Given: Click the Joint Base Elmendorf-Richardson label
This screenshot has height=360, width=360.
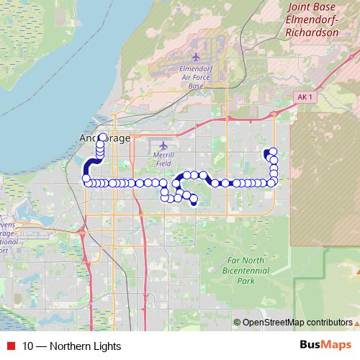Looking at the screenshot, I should [x=312, y=19].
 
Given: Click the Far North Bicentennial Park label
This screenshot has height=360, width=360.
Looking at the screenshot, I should [x=246, y=270].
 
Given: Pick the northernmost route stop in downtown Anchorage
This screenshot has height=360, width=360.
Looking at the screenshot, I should [x=102, y=137].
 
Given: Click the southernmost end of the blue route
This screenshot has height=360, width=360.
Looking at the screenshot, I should [x=193, y=202].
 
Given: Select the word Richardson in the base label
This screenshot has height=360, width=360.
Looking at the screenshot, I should [x=312, y=32].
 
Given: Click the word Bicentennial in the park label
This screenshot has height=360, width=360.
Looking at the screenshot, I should [x=246, y=270].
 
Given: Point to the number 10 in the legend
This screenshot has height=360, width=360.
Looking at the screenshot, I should [x=28, y=346].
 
